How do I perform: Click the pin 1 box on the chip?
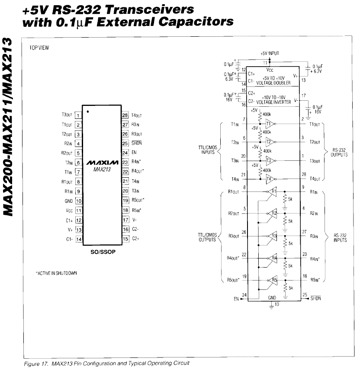tap(78, 115)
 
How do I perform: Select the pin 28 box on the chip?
tap(125, 115)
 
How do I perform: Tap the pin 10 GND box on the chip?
tap(78, 201)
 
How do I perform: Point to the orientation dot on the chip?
tap(87, 112)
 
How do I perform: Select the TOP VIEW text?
tap(39, 48)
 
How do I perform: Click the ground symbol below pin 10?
tap(272, 306)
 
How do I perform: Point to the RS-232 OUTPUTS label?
tap(339, 153)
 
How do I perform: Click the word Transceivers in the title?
tap(143, 9)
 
